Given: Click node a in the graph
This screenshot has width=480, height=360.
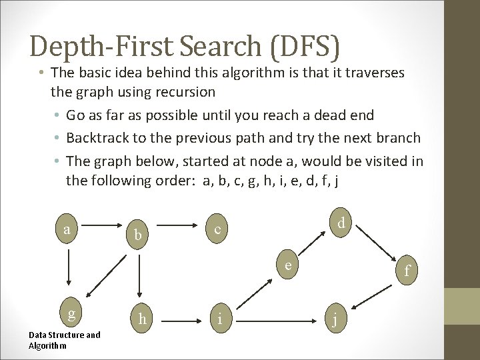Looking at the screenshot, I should [x=67, y=229].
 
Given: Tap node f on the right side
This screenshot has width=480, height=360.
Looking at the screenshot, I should [x=406, y=270].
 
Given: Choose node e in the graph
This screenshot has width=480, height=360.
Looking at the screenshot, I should [x=287, y=265].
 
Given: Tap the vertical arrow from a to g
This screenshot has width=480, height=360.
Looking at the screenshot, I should [x=67, y=272].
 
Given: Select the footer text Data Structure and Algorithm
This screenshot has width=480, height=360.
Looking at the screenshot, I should [x=65, y=340].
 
